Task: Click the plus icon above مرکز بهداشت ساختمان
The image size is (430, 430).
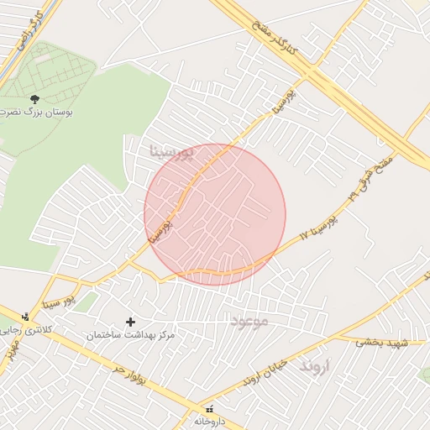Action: pos(130,322)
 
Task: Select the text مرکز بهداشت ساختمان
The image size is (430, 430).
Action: pos(131,335)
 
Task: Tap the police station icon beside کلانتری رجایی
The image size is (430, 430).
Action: pos(26,317)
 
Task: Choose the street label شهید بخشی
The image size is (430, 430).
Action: pos(380,342)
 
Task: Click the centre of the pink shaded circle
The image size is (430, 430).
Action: pos(215,214)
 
